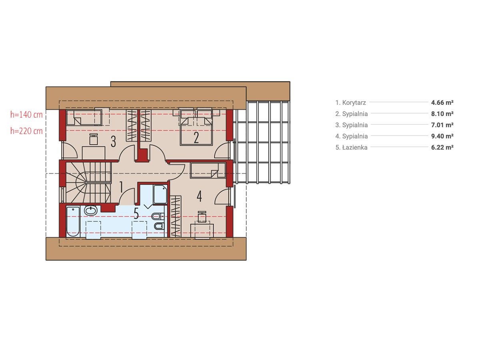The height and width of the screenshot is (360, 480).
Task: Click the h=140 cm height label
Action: click(26, 114)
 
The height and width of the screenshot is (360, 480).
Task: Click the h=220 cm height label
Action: click(26, 131)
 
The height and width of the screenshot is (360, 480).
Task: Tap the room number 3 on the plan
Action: click(113, 142)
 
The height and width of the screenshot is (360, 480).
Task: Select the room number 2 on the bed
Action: click(196, 138)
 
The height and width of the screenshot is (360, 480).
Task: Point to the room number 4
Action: click(199, 196)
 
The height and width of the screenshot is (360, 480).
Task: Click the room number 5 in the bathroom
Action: click(136, 213)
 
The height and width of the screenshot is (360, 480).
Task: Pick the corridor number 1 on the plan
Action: click(121, 187)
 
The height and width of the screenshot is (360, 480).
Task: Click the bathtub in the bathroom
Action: click(73, 222)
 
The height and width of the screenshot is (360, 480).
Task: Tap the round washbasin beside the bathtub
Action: click(90, 210)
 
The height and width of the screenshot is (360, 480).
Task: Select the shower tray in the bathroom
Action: click(160, 194)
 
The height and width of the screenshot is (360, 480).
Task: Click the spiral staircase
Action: click(88, 182)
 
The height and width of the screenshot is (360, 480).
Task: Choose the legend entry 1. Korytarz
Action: click(350, 102)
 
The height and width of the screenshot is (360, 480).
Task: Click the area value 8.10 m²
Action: click(442, 114)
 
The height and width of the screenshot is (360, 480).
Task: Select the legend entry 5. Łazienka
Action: click(351, 147)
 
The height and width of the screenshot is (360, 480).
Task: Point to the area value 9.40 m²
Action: click(442, 136)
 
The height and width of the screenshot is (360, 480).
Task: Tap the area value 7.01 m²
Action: click(442, 125)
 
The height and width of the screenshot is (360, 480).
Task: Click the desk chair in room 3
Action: click(94, 140)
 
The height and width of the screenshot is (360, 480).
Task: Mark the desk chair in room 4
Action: click(202, 217)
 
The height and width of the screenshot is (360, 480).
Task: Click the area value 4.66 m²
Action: click(442, 102)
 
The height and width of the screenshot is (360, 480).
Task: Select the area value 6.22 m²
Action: click(442, 147)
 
